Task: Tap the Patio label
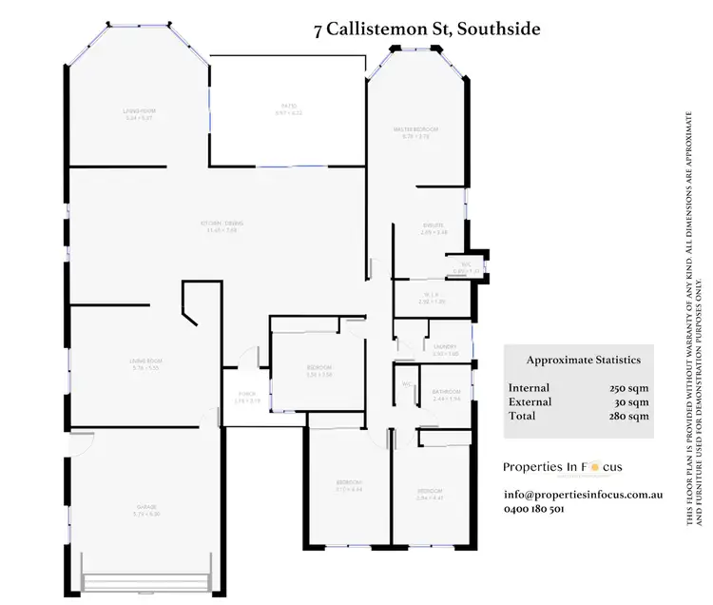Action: [288, 107]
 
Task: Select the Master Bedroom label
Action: [416, 129]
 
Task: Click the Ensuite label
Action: [434, 225]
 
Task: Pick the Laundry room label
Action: [445, 347]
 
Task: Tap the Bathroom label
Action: [446, 392]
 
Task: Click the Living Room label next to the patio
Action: [139, 112]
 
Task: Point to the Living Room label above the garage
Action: [147, 361]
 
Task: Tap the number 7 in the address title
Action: [318, 29]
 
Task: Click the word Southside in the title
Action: [498, 29]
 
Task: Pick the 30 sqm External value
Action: [631, 402]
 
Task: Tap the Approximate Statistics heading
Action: [583, 361]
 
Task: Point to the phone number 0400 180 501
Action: [534, 509]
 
